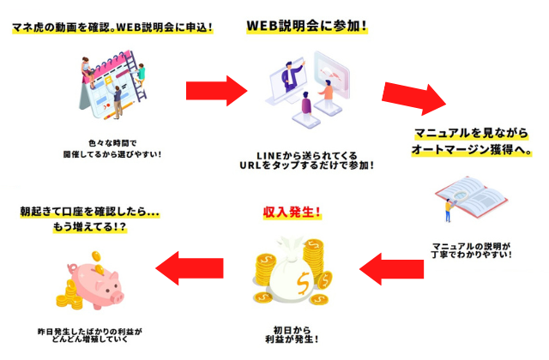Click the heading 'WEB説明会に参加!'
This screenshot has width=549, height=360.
click(307, 26)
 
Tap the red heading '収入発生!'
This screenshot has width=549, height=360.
click(292, 212)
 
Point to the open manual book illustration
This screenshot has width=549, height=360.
click(472, 198)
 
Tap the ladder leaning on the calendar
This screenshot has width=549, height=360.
click(136, 77)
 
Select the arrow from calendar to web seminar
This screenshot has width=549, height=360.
click(217, 91)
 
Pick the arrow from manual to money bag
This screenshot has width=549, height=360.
click(391, 269)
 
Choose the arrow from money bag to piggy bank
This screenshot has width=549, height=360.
click(190, 268)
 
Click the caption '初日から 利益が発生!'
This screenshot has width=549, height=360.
click(292, 335)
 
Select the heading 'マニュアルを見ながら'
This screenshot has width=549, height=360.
click(471, 134)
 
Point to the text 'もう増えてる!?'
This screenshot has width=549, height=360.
click(89, 227)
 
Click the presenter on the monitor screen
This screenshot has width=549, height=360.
click(292, 75)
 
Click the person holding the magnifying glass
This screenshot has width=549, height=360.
click(449, 210)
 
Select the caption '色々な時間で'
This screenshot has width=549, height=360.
click(112, 143)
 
